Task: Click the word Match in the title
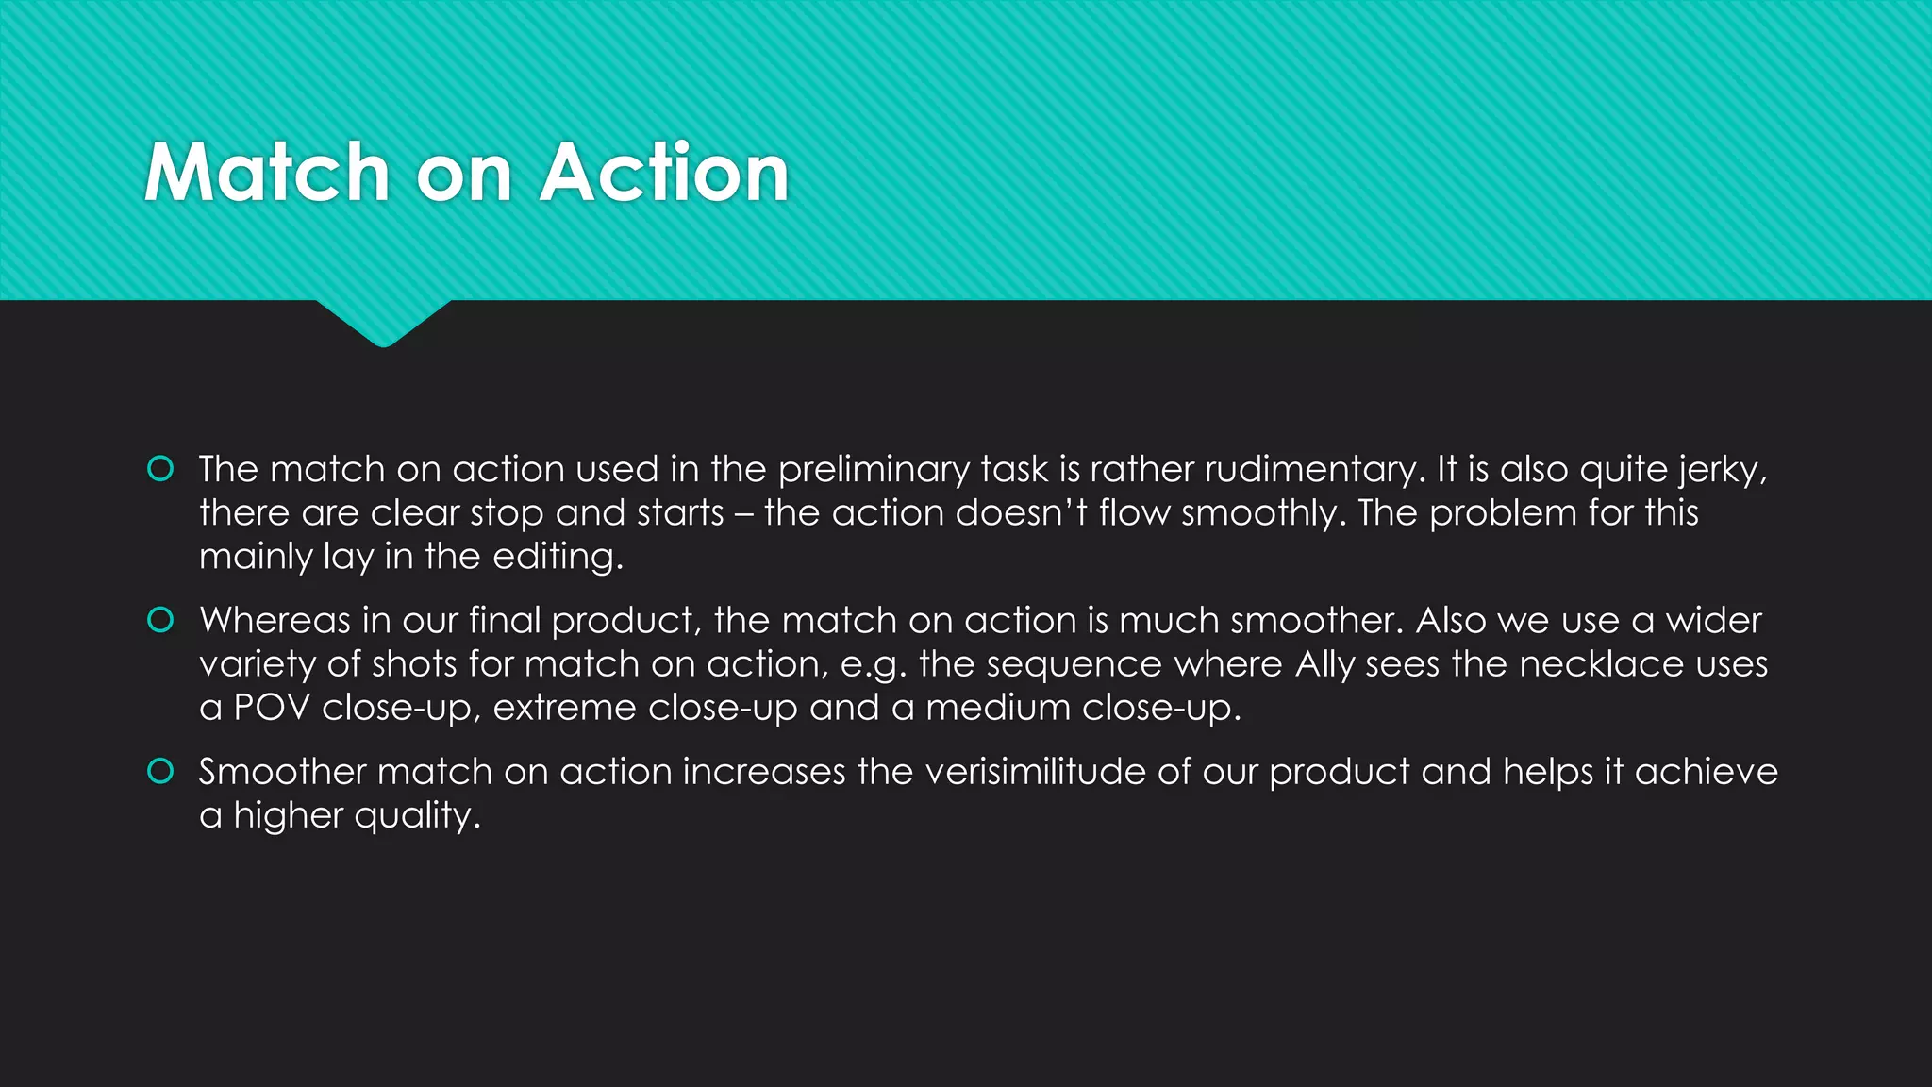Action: [267, 173]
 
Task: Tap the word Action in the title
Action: [664, 173]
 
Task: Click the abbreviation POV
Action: [271, 708]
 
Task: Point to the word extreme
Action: [564, 708]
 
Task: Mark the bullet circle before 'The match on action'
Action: [161, 469]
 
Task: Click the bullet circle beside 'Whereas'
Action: [161, 620]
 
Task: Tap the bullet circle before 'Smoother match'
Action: [161, 771]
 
